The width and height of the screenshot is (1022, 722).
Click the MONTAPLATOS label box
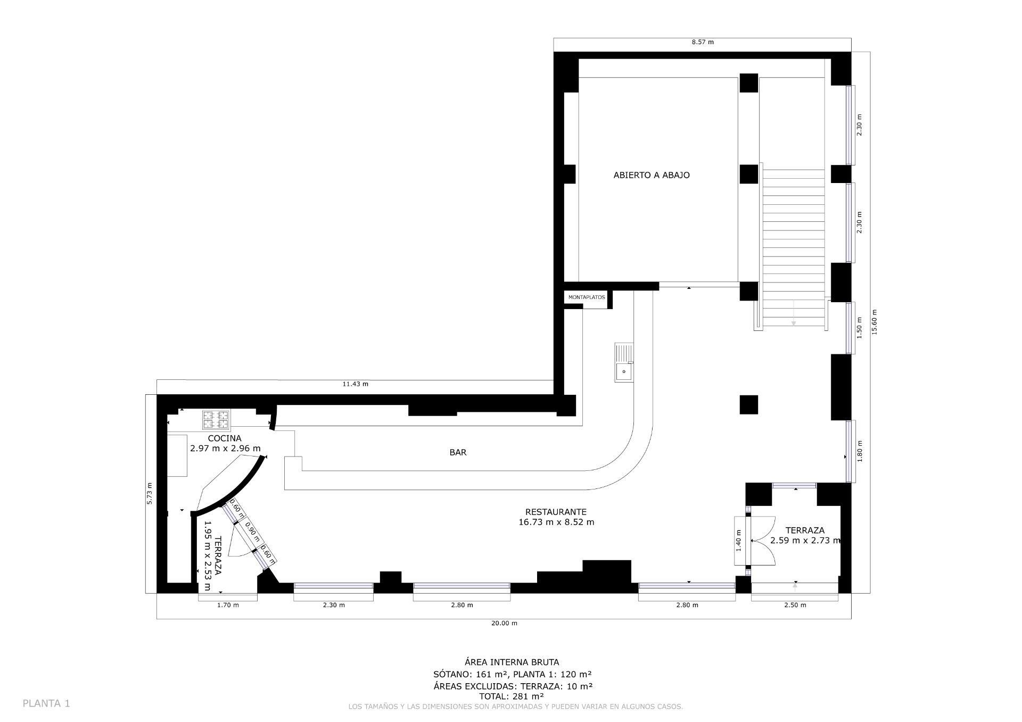pos(586,297)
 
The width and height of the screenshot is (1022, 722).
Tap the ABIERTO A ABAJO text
pos(651,175)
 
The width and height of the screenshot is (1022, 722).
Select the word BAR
pos(458,452)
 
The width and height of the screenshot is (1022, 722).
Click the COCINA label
pos(224,438)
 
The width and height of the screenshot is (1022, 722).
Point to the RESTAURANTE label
pos(556,512)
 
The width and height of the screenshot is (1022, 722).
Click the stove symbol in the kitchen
pos(216,420)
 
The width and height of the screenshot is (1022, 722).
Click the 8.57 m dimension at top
pos(702,42)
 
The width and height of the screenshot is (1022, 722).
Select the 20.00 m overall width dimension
pos(504,623)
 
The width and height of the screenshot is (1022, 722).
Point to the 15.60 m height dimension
pos(873,322)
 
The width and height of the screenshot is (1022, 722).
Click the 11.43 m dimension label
pos(355,384)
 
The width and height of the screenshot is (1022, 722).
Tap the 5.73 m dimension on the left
pos(150,493)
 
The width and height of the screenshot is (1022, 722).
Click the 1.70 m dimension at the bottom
pos(228,605)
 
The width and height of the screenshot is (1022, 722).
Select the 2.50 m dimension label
pos(795,605)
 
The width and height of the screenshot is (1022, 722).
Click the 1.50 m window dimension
pos(859,328)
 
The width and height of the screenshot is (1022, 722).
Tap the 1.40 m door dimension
pos(738,541)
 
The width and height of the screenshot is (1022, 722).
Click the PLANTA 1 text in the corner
pos(46,703)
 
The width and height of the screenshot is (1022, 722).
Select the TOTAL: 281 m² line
pos(511,696)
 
